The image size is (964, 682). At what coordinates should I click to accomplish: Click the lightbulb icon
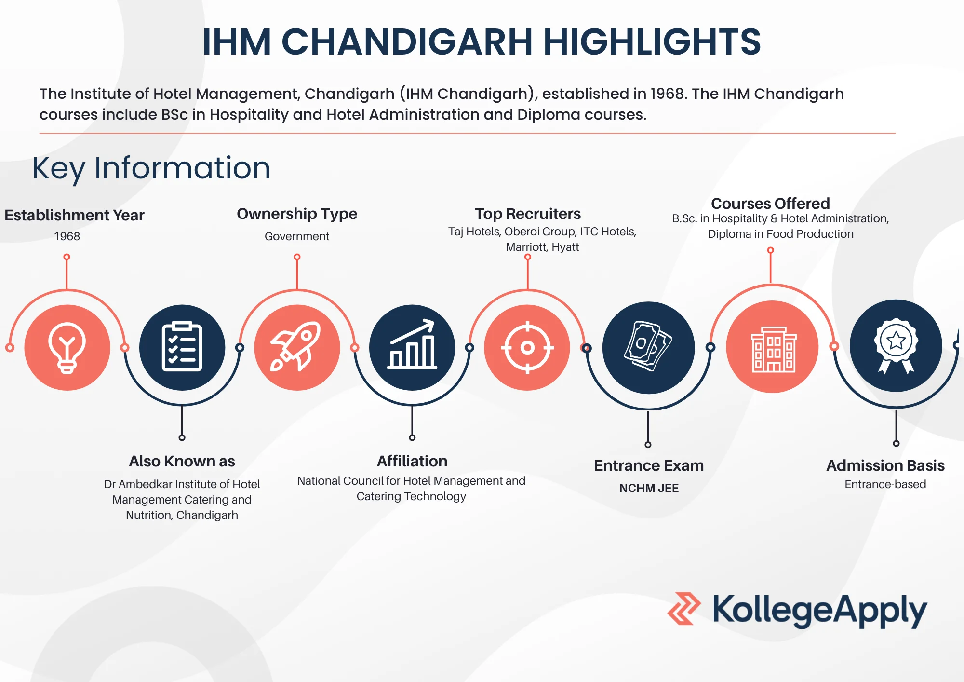(x=67, y=348)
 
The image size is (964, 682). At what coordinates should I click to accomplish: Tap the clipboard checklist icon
(x=182, y=347)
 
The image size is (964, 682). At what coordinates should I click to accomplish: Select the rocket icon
(x=297, y=347)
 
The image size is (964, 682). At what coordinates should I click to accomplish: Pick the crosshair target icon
(x=527, y=347)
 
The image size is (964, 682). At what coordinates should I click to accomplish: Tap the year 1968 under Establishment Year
(x=67, y=236)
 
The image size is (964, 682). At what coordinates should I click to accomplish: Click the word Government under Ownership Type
(x=297, y=236)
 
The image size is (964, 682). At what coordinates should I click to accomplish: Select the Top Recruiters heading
(x=528, y=214)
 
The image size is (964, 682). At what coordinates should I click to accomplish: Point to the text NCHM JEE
(x=649, y=488)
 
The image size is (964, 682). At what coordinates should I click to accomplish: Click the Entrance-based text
(x=885, y=484)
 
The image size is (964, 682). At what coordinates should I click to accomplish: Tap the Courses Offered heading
(x=770, y=204)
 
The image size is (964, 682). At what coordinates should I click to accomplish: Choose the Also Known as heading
(x=182, y=461)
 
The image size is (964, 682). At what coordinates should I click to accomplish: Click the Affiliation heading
(x=412, y=461)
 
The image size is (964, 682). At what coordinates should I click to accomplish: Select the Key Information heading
(x=151, y=168)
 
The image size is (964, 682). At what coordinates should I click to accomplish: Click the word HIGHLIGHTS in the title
(x=652, y=42)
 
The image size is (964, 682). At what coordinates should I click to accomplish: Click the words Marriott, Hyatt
(x=542, y=247)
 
